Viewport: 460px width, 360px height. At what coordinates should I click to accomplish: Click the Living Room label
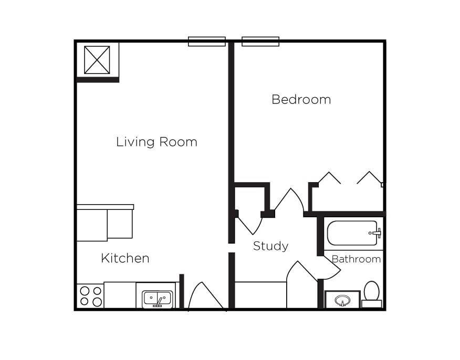156,142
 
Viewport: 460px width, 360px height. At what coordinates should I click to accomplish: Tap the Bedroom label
301,100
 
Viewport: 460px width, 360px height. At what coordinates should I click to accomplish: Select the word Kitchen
125,258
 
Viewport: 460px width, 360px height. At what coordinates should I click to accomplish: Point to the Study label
270,246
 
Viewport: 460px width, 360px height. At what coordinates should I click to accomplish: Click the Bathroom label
356,259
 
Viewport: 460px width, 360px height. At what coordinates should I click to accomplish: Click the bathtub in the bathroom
352,234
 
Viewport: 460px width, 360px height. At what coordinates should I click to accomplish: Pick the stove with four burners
90,296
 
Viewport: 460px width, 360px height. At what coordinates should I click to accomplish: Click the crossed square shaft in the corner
97,60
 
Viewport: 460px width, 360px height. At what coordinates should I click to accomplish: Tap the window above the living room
206,41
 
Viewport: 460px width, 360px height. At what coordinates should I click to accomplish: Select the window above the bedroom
260,41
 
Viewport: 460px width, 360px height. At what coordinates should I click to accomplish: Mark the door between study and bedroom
289,202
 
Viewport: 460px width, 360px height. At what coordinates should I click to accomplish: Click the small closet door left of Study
249,224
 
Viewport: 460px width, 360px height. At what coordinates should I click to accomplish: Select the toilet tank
372,304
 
